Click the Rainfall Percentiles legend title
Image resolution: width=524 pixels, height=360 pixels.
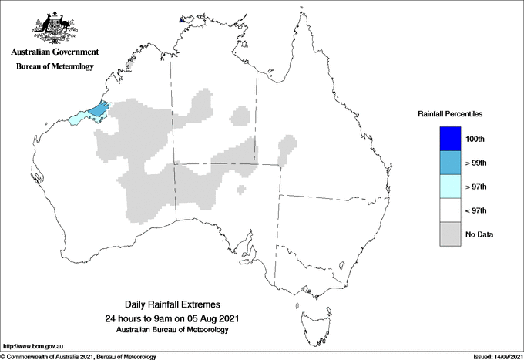(450, 113)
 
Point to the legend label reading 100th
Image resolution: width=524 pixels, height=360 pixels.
(475, 139)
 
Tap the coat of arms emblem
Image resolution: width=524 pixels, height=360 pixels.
(55, 25)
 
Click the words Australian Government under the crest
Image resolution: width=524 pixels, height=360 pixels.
(55, 52)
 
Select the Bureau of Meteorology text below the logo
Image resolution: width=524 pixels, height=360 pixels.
(55, 66)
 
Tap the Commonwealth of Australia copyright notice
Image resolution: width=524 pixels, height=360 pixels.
(79, 356)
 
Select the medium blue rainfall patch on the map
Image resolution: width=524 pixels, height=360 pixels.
(99, 110)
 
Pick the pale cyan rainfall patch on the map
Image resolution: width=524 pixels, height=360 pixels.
(78, 119)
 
